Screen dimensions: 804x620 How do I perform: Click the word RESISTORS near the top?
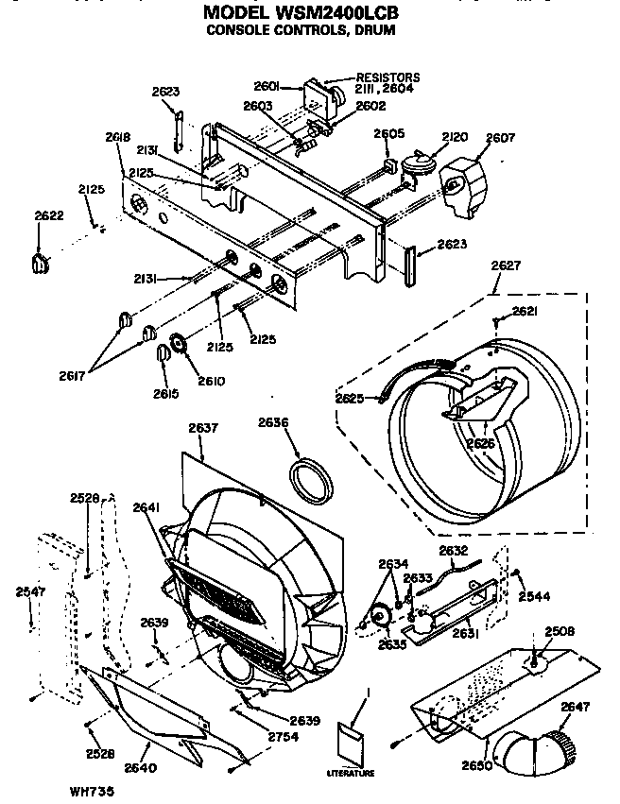(x=387, y=77)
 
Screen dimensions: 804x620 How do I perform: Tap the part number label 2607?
(x=500, y=138)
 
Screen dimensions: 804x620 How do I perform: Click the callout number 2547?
(x=30, y=592)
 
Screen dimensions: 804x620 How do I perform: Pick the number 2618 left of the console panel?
(x=118, y=137)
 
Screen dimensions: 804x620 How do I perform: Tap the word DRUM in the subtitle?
(x=375, y=30)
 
